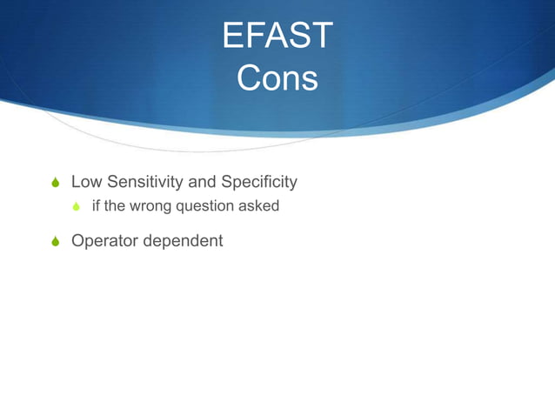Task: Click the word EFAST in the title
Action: tap(277, 37)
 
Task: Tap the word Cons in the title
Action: tap(277, 79)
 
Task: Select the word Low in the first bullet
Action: tap(85, 182)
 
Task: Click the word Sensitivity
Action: tap(141, 182)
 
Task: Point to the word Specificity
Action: tap(259, 182)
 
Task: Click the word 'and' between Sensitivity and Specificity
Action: tap(201, 182)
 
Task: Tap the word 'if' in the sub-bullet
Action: tap(96, 206)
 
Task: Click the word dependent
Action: tap(184, 240)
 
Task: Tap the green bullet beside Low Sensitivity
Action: tap(56, 183)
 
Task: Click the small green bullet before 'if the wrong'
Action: tap(77, 207)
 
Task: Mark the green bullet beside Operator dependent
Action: tap(56, 241)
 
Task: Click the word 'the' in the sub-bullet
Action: tap(116, 206)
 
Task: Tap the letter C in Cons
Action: tap(248, 79)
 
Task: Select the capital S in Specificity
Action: tap(228, 182)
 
